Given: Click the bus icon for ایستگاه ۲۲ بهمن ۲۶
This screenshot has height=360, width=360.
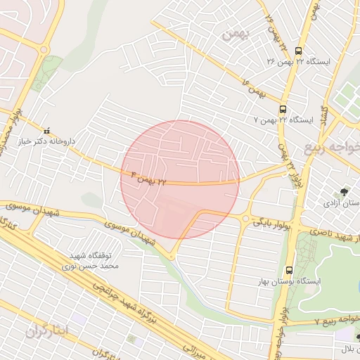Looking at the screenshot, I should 299,51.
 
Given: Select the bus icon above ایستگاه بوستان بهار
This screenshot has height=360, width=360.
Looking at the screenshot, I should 289,270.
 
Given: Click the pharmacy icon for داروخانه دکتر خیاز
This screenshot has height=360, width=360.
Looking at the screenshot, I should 47,130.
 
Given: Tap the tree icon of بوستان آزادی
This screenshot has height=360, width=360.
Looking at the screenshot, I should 344,191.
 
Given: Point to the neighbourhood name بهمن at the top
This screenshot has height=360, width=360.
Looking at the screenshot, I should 234,34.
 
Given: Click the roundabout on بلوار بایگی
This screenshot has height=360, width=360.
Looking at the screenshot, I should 245,218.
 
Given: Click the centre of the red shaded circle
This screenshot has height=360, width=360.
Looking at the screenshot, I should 180,179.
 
